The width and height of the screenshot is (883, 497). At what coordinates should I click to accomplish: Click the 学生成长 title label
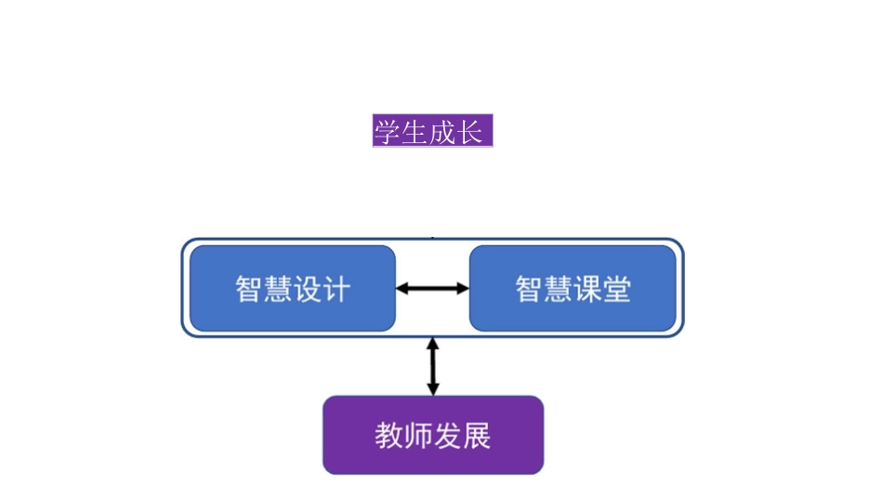[x=432, y=131]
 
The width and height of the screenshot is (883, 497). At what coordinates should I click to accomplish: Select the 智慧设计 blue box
[x=293, y=288]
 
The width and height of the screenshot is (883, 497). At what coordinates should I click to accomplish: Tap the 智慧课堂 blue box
[x=573, y=288]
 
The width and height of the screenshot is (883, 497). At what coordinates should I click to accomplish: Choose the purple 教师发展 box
[x=433, y=435]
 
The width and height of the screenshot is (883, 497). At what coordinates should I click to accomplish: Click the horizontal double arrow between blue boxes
[x=432, y=289]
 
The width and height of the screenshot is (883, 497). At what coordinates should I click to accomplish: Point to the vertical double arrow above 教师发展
[x=432, y=366]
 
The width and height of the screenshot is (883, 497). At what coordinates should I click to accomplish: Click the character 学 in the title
[x=388, y=131]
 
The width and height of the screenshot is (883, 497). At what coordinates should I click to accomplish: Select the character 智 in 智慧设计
[x=249, y=289]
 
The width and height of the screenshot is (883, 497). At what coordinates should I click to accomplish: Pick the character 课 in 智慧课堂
[x=587, y=289]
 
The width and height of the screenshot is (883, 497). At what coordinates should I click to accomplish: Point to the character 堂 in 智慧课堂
[x=617, y=289]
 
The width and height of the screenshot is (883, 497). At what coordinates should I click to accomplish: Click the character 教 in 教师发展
[x=389, y=435]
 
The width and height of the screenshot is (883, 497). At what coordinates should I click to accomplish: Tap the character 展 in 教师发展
[x=477, y=435]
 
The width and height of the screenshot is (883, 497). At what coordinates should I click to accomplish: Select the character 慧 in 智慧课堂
[x=558, y=289]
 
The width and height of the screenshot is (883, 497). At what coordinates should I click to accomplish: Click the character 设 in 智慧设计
[x=308, y=289]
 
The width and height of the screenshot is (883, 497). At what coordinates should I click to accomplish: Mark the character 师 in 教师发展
[x=418, y=435]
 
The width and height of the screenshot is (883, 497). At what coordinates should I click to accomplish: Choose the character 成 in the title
[x=443, y=131]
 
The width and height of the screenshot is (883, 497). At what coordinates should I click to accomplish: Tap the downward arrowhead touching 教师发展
[x=432, y=388]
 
